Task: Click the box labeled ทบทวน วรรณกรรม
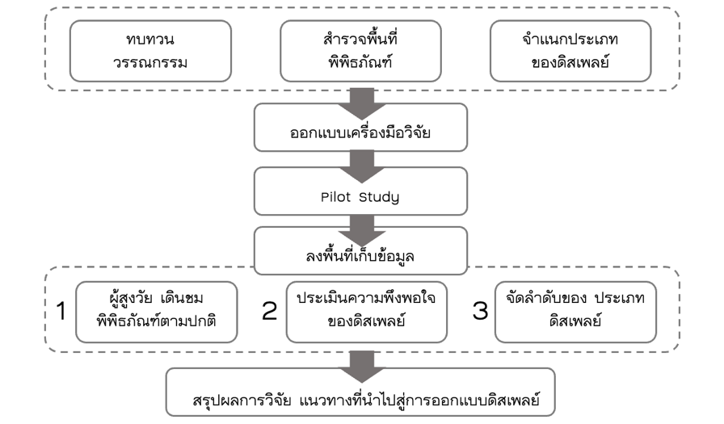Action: click(150, 51)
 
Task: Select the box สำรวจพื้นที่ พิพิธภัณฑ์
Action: click(360, 51)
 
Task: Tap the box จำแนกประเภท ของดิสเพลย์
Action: click(570, 51)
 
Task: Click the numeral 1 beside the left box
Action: click(61, 311)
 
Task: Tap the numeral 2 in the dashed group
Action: click(270, 311)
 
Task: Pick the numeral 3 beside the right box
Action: click(480, 311)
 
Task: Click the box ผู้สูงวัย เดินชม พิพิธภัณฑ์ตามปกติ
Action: click(157, 311)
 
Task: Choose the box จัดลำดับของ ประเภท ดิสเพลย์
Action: click(575, 310)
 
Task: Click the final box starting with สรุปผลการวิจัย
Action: click(360, 393)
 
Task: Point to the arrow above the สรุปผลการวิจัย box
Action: click(360, 362)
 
